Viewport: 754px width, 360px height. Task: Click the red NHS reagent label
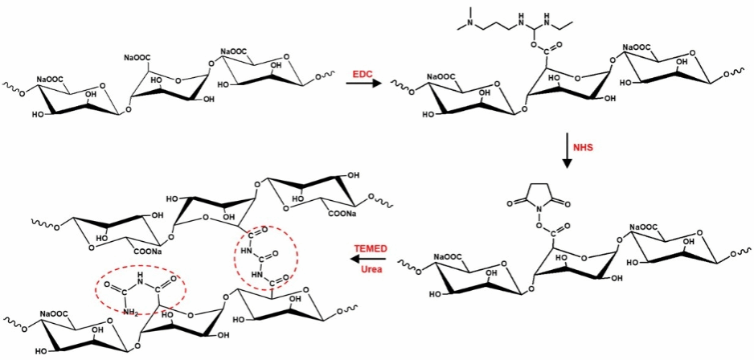tap(584, 148)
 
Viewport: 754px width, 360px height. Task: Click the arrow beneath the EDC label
tap(363, 84)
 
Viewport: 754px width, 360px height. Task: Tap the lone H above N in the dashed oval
tap(140, 278)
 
